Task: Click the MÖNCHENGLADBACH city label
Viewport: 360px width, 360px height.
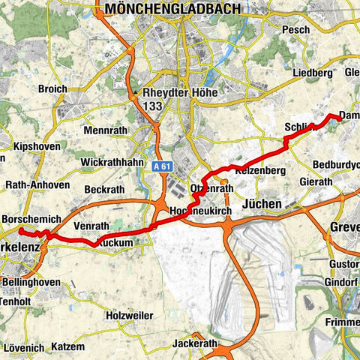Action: coord(174,9)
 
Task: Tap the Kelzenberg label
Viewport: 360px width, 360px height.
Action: coord(261,172)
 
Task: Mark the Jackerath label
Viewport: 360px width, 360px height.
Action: coord(194,343)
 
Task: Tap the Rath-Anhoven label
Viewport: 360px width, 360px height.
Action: coord(37,185)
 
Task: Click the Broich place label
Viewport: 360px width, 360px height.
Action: coord(52,88)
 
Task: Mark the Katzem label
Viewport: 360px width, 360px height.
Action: coord(68,347)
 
